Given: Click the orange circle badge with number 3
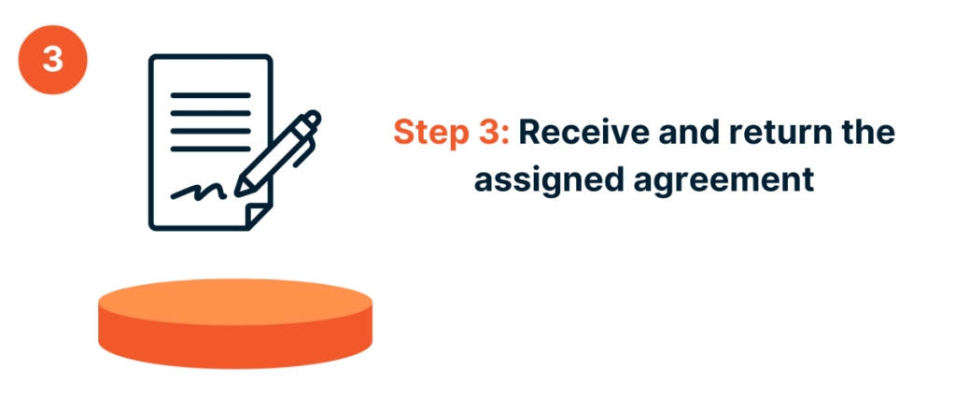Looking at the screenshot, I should coord(52,58).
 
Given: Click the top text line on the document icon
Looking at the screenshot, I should coord(211,93).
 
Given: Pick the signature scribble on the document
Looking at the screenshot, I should coord(198,192).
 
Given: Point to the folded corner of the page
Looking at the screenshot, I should coord(258,215).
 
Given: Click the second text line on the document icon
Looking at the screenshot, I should coord(211,113).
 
